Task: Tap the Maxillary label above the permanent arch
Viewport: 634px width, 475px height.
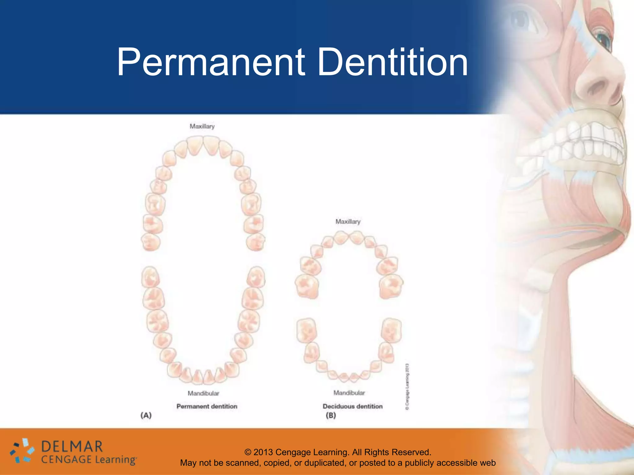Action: point(202,126)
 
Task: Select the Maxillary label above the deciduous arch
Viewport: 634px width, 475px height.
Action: point(348,221)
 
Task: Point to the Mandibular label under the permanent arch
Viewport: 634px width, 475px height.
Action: point(203,393)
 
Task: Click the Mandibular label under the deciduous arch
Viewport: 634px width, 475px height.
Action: point(349,392)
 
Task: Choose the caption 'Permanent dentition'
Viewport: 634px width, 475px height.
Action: point(207,406)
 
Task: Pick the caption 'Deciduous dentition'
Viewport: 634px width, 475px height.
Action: point(353,406)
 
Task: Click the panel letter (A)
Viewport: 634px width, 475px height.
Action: point(146,415)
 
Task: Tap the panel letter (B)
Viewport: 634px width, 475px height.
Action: point(331,415)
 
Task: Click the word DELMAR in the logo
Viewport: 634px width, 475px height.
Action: point(72,447)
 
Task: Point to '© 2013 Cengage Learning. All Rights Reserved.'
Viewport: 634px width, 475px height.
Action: point(338,452)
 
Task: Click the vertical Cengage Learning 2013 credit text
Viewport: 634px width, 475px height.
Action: point(407,387)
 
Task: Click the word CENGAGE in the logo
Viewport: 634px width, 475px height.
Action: point(66,460)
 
